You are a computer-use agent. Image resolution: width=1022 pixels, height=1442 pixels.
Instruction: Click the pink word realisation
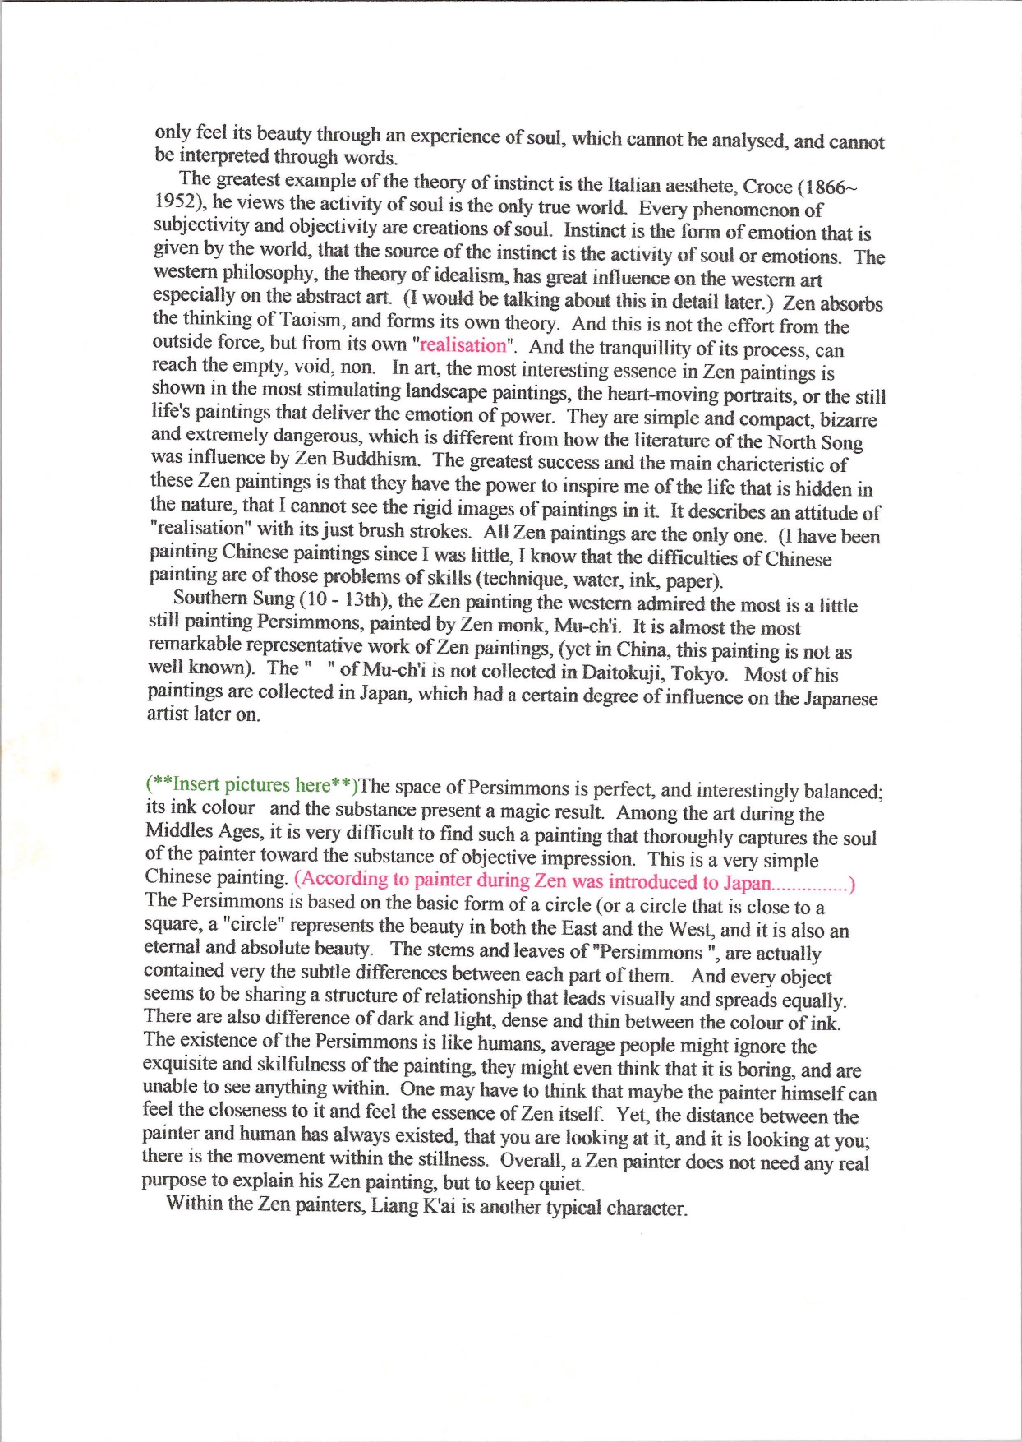click(x=463, y=345)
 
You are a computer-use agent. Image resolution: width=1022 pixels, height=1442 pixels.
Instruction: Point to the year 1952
click(x=180, y=201)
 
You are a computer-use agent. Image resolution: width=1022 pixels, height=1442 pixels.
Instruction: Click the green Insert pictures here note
click(x=251, y=784)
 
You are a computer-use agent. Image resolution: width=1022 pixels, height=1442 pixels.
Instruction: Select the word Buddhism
click(x=375, y=459)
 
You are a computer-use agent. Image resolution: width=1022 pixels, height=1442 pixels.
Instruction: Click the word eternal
click(x=173, y=947)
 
